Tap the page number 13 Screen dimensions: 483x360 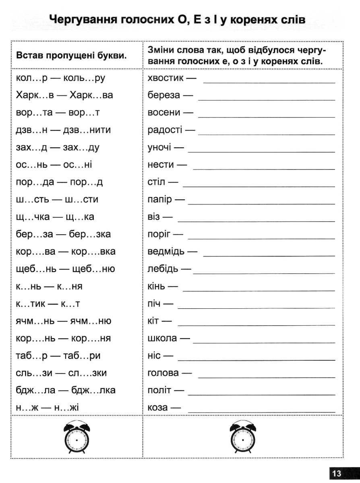click(x=336, y=473)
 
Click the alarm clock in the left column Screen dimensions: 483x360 click(x=77, y=438)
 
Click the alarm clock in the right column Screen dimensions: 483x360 click(x=243, y=438)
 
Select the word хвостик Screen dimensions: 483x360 click(x=166, y=78)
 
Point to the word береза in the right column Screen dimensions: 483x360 click(x=164, y=96)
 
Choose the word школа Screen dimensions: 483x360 click(x=162, y=339)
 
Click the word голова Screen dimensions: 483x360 click(x=163, y=373)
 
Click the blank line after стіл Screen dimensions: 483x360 click(x=259, y=186)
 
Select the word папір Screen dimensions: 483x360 click(x=160, y=200)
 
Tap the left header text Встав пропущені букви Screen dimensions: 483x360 click(x=72, y=56)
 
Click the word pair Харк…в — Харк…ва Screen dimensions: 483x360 click(x=64, y=95)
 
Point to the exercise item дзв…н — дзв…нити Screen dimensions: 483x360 click(x=63, y=130)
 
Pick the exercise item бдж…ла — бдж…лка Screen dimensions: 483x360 click(x=66, y=390)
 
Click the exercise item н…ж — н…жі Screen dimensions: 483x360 click(x=48, y=408)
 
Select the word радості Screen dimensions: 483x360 click(x=165, y=130)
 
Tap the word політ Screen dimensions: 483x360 click(x=159, y=390)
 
